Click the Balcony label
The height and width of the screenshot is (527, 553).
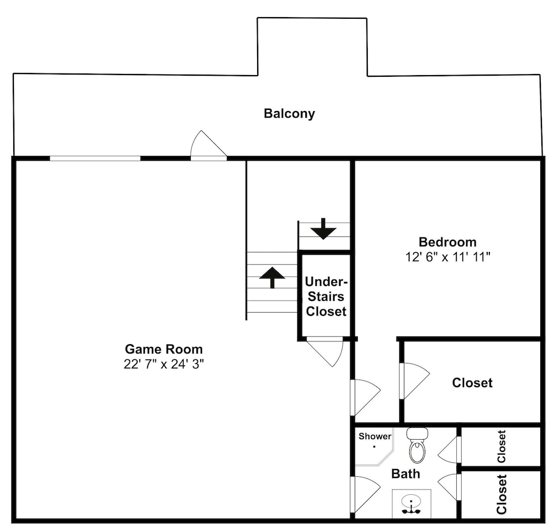tap(289, 114)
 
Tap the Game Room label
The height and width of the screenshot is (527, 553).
tap(164, 349)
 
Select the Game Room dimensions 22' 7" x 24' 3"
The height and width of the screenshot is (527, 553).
tap(164, 364)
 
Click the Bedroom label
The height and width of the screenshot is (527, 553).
tap(447, 242)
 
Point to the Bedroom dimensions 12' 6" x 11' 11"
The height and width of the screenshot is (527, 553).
tap(447, 257)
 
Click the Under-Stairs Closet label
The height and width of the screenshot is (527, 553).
tap(326, 296)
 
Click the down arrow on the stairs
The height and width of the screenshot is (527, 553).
tap(324, 229)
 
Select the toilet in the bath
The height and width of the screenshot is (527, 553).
tap(418, 445)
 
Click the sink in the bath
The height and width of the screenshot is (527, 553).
tap(411, 504)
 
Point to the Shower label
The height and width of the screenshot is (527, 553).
tap(375, 436)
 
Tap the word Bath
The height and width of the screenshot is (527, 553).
tap(405, 474)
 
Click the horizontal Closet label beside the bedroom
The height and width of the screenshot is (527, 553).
tap(472, 383)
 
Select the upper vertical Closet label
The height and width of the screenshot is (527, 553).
tap(501, 446)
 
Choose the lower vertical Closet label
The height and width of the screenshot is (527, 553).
tap(501, 494)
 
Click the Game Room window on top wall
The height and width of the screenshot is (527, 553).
tap(95, 158)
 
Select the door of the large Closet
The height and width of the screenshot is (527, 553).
tap(415, 381)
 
